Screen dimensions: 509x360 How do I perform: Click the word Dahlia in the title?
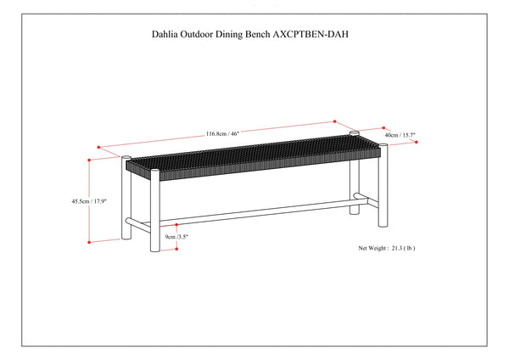[165, 34]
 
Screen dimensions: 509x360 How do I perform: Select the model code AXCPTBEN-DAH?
[310, 34]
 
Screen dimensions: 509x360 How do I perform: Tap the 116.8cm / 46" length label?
[222, 133]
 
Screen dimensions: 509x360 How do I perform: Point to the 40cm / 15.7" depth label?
[400, 135]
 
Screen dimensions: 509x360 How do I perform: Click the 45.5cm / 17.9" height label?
[89, 201]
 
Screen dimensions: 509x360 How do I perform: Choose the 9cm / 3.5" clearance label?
[177, 237]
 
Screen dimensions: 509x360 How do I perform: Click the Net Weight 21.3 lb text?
[387, 248]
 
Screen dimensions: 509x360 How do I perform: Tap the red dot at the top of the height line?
[89, 160]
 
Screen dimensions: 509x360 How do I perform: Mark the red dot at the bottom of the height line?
[89, 242]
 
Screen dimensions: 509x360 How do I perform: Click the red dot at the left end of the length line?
[98, 147]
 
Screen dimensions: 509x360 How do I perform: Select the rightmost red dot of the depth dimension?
[417, 142]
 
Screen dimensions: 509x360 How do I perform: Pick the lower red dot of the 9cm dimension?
[176, 249]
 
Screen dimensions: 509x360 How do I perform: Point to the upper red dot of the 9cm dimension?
[176, 224]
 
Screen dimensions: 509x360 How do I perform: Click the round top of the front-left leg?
[155, 171]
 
